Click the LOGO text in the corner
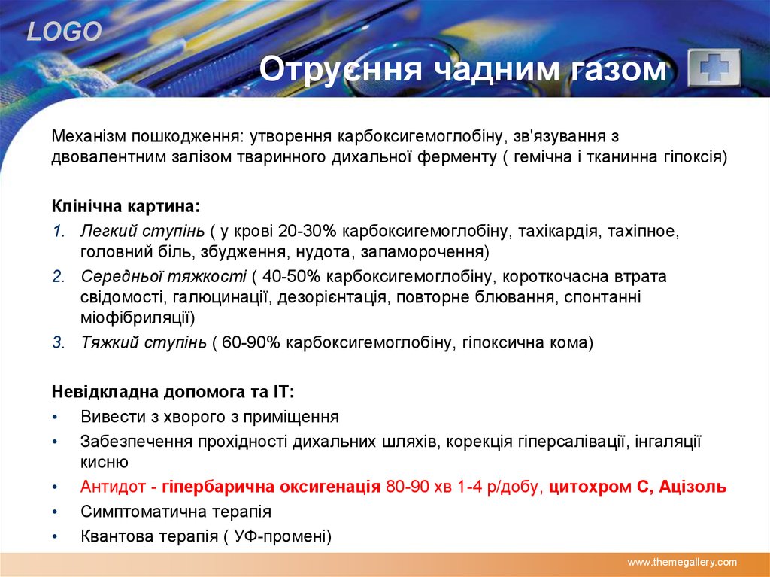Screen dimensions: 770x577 pyautogui.click(x=64, y=32)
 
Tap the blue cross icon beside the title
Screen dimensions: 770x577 pyautogui.click(x=714, y=68)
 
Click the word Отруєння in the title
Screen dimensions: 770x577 pyautogui.click(x=341, y=68)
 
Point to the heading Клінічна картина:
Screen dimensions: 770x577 pyautogui.click(x=126, y=206)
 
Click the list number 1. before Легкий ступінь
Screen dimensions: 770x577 pyautogui.click(x=59, y=231)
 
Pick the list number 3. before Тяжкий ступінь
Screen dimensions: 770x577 pyautogui.click(x=59, y=342)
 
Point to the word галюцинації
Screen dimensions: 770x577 pyautogui.click(x=220, y=298)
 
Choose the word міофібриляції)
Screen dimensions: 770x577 pyautogui.click(x=138, y=318)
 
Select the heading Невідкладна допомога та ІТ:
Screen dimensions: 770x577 pyautogui.click(x=173, y=392)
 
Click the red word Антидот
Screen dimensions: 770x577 pyautogui.click(x=113, y=487)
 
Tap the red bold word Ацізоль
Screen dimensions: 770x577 pyautogui.click(x=693, y=487)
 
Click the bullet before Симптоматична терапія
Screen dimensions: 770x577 pyautogui.click(x=55, y=512)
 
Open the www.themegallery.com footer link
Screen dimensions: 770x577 pyautogui.click(x=682, y=562)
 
